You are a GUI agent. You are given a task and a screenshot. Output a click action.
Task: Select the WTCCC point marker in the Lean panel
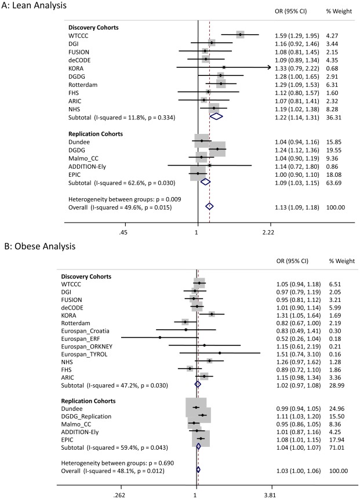(x=240, y=35)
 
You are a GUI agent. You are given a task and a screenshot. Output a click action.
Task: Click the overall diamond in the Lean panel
(x=210, y=206)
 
